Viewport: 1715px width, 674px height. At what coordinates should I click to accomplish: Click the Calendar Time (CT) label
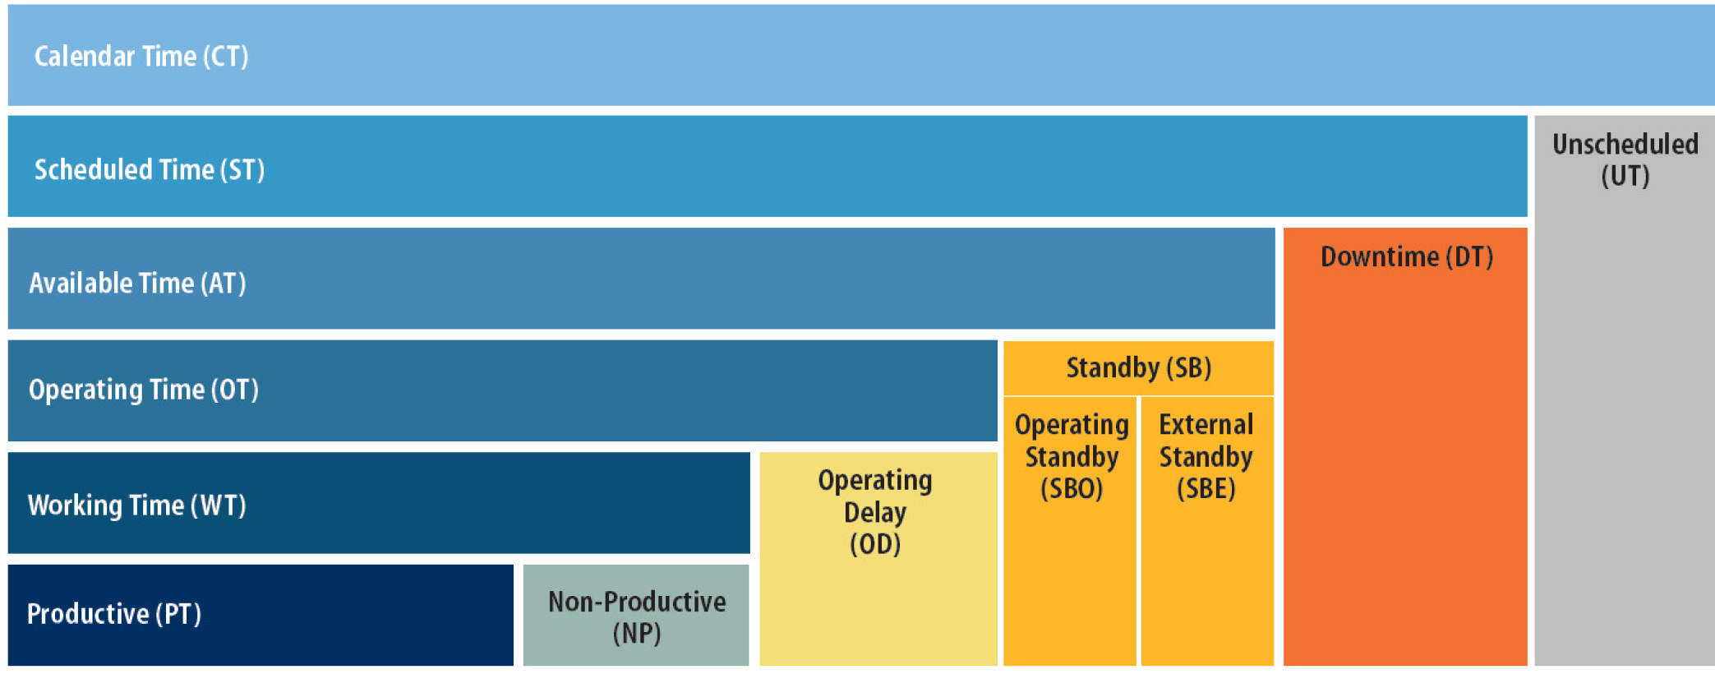pyautogui.click(x=141, y=56)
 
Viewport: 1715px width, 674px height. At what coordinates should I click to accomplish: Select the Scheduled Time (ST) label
pyautogui.click(x=149, y=169)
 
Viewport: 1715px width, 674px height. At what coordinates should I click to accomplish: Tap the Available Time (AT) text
pyautogui.click(x=137, y=283)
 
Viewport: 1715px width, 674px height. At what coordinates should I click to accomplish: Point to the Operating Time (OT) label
pyautogui.click(x=144, y=389)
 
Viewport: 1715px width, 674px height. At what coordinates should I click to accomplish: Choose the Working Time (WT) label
pyautogui.click(x=137, y=505)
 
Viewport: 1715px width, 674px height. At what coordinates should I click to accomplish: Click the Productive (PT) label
pyautogui.click(x=114, y=613)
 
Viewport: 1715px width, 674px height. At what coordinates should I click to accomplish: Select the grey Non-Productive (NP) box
pyautogui.click(x=636, y=615)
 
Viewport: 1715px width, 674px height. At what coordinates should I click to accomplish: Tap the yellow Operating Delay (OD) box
pyautogui.click(x=878, y=559)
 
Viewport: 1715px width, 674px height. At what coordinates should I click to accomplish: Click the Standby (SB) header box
pyautogui.click(x=1138, y=367)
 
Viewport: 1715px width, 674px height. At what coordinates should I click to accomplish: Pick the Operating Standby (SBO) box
pyautogui.click(x=1070, y=531)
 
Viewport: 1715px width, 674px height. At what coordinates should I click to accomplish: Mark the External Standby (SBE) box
pyautogui.click(x=1207, y=531)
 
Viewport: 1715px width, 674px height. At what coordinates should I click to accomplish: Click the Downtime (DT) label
pyautogui.click(x=1406, y=256)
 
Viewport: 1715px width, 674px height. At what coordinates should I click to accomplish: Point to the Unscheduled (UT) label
pyautogui.click(x=1625, y=159)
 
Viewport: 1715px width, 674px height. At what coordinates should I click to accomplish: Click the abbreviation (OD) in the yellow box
pyautogui.click(x=875, y=544)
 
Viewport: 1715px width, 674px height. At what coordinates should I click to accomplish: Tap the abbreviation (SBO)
pyautogui.click(x=1072, y=488)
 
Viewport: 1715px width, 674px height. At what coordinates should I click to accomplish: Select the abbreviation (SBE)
pyautogui.click(x=1206, y=488)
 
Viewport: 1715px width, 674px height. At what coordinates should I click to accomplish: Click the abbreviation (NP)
pyautogui.click(x=637, y=633)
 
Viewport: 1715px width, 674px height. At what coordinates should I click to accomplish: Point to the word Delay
pyautogui.click(x=875, y=512)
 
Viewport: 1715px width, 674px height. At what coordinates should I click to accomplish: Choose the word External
pyautogui.click(x=1206, y=424)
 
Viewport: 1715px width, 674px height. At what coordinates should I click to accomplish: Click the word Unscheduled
pyautogui.click(x=1625, y=144)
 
